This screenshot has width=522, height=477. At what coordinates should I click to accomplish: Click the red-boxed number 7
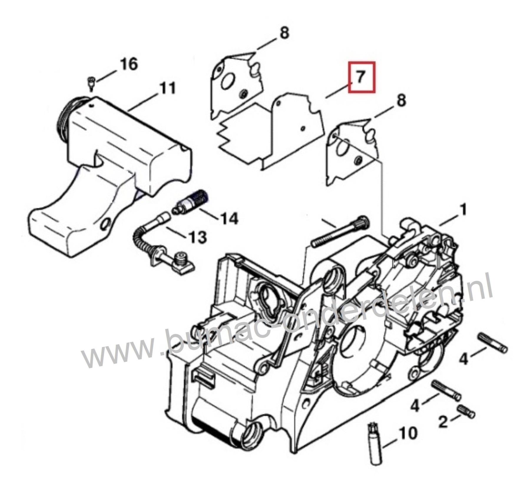361,77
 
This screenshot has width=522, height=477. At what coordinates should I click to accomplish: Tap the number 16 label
129,64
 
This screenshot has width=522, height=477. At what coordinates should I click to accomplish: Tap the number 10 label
408,433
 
